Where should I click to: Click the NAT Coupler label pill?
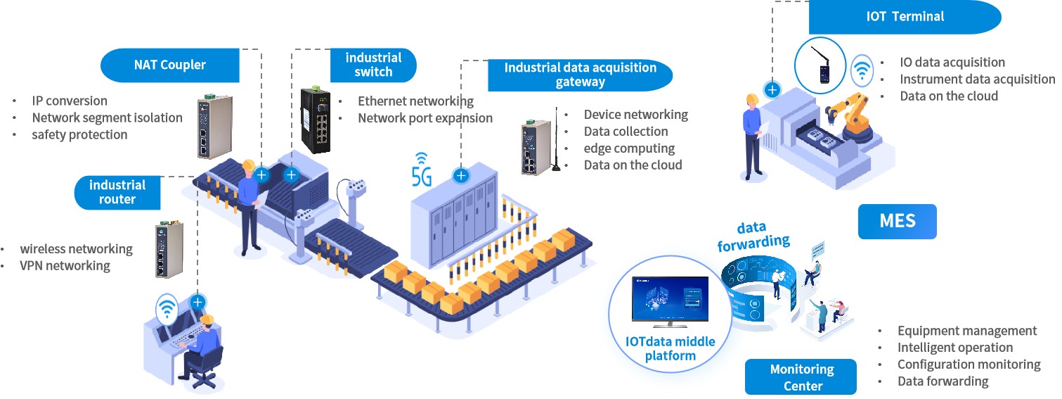click(170, 65)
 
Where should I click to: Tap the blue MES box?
click(897, 221)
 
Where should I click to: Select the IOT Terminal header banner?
click(905, 17)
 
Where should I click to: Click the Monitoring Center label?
click(801, 377)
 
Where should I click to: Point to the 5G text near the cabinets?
click(421, 177)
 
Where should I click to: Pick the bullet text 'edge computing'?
click(629, 148)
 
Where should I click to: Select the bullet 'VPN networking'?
click(65, 265)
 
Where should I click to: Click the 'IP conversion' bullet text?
click(70, 101)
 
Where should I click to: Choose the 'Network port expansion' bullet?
click(425, 118)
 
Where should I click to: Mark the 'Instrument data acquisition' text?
click(977, 79)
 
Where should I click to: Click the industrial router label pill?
click(117, 192)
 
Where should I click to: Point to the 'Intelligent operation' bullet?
click(954, 347)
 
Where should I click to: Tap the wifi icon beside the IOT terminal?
click(862, 70)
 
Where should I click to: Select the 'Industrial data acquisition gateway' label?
click(580, 75)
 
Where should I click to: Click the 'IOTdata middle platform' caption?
click(670, 348)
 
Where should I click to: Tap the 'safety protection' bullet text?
click(79, 134)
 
